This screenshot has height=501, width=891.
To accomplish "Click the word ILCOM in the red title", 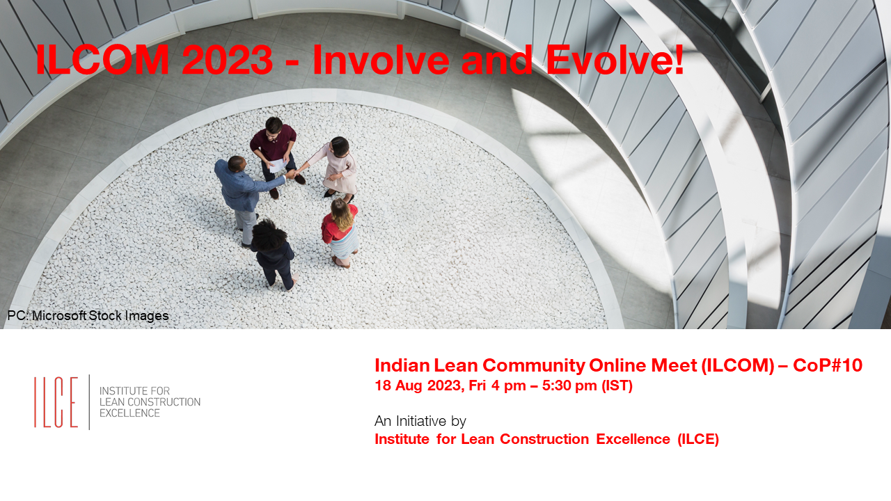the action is tap(102, 60).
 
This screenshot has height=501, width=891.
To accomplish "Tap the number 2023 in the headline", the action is tap(228, 60).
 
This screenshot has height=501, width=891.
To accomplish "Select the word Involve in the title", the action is tap(381, 60).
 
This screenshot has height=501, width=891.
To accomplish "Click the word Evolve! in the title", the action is tap(615, 60).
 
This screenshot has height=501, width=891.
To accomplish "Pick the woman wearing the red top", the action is tap(340, 232).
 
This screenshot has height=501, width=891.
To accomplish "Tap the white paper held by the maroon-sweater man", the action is tap(278, 165).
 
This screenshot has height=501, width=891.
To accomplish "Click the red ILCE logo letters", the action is tap(56, 402).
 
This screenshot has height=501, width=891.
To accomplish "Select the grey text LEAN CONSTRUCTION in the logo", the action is tap(150, 402).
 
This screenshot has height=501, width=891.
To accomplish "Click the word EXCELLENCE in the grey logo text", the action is tap(129, 413).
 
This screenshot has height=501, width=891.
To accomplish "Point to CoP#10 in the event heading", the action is tap(828, 365).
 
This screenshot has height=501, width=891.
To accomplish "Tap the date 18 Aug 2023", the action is tap(418, 385).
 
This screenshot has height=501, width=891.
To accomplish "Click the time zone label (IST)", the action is tap(617, 385).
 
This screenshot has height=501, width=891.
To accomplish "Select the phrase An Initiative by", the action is tap(420, 421).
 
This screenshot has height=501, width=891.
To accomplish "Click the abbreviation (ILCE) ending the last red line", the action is tap(698, 439).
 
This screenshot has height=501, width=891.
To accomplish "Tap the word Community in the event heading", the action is tap(533, 366).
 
